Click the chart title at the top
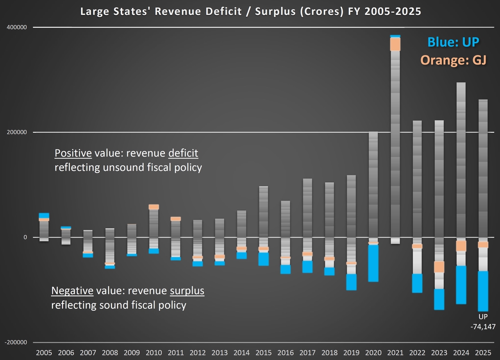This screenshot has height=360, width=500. [x=250, y=11]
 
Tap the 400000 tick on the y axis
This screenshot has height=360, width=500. [x=17, y=27]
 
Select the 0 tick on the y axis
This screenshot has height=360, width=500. [x=25, y=238]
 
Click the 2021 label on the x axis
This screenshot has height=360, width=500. [x=395, y=353]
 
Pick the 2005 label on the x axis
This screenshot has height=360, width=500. [x=44, y=353]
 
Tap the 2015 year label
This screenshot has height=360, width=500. [x=263, y=353]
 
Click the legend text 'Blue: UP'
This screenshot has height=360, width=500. [x=453, y=42]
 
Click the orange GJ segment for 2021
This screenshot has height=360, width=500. [x=395, y=44]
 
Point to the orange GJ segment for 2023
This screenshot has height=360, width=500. [x=439, y=267]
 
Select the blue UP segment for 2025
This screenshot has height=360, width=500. [x=483, y=291]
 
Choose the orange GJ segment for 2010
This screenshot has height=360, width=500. [x=154, y=207]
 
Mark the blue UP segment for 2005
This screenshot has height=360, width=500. [x=44, y=215]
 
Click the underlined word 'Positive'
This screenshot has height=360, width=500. [x=73, y=154]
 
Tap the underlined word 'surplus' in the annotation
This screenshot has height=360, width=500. [x=187, y=291]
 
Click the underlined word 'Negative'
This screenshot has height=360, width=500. [x=72, y=291]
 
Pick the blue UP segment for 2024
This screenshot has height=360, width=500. [x=461, y=285]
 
